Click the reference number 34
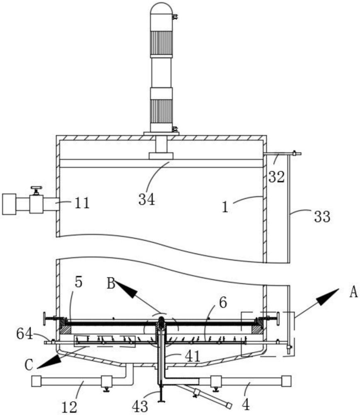coord(146,199)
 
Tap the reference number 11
coord(82,203)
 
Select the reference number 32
coord(276,176)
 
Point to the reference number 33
coord(322,217)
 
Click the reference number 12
coord(69,407)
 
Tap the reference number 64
coord(24,334)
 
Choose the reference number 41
coord(192,356)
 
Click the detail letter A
coord(354,293)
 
